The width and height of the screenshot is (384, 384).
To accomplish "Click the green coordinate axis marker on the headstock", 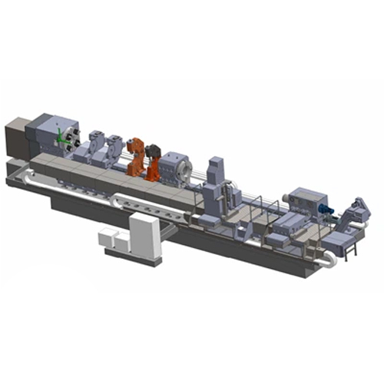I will tap(61, 136).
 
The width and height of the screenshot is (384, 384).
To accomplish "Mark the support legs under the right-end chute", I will tap(352, 250).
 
